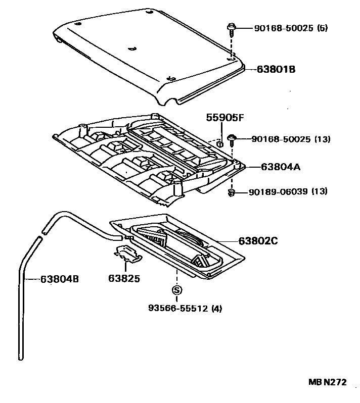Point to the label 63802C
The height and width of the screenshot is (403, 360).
tap(258, 241)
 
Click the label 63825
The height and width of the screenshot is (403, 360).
tap(123, 278)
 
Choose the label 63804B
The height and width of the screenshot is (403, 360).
tap(60, 278)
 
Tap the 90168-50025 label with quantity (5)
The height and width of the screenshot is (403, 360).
tap(276, 28)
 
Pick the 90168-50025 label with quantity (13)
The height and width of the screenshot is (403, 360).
tap(276, 139)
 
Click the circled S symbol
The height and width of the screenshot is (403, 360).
tap(176, 290)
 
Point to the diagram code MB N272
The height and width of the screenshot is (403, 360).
tap(328, 383)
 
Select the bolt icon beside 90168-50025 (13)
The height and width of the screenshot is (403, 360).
tap(232, 138)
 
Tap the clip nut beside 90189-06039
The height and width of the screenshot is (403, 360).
tap(232, 192)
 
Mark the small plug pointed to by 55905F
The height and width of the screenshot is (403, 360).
tap(220, 144)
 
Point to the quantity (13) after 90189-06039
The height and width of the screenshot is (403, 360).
tap(319, 192)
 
